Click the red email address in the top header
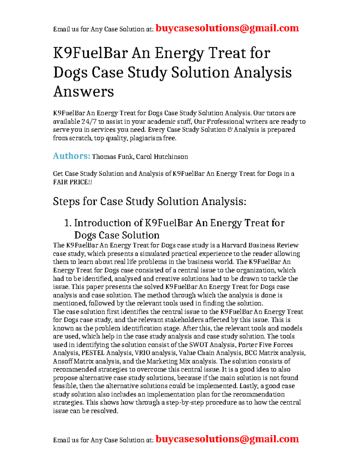(x=227, y=28)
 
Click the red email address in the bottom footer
(x=227, y=439)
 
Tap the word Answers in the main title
(x=83, y=92)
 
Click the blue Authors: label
(x=71, y=156)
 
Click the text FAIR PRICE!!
(x=72, y=182)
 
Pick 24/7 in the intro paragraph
(x=89, y=122)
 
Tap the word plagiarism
(x=150, y=138)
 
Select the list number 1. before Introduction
(x=68, y=223)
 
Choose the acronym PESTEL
(x=93, y=353)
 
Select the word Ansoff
(x=62, y=361)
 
